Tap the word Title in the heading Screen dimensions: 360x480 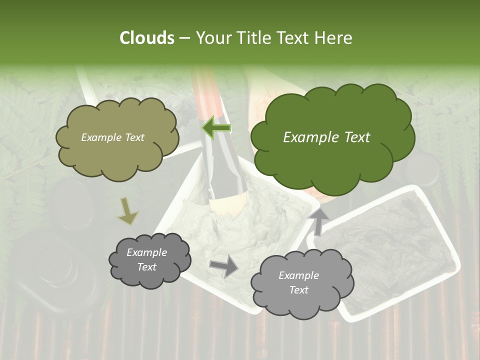[x=253, y=38]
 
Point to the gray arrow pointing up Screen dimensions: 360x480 [x=318, y=219]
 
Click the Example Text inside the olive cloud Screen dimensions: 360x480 [x=112, y=137]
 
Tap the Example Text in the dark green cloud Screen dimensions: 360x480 [x=326, y=137]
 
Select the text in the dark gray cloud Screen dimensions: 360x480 [x=146, y=259]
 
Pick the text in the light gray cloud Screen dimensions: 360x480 [x=298, y=282]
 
